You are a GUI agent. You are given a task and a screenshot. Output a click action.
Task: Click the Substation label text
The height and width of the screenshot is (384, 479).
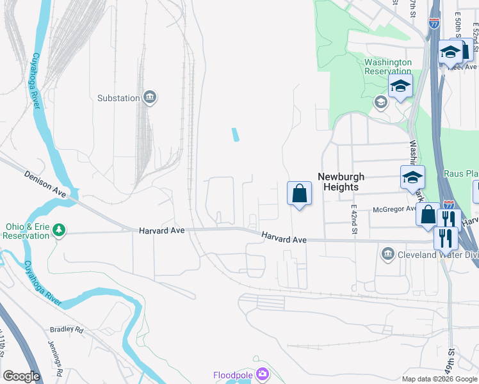[118, 98]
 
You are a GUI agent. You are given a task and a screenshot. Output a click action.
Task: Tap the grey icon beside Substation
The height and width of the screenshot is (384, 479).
[150, 97]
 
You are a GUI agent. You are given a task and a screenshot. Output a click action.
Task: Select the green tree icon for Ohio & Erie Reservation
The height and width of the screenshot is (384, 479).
[59, 229]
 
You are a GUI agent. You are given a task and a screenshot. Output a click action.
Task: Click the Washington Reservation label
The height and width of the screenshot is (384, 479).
[387, 67]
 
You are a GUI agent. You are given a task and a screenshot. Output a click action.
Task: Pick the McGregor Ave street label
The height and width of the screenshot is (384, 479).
[396, 208]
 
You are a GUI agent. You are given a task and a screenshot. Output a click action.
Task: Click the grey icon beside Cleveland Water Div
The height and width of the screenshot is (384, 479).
[387, 254]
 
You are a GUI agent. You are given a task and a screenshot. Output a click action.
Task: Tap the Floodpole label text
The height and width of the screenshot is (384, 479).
[232, 374]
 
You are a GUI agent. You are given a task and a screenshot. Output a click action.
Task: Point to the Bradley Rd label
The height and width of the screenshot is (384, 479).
[67, 330]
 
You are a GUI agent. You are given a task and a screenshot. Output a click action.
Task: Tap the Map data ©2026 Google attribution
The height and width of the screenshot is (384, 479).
[439, 379]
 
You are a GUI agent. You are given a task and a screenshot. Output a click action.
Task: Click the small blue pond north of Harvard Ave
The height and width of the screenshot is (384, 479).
[236, 134]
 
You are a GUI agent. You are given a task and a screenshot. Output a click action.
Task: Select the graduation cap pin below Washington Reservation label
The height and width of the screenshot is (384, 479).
[400, 87]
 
